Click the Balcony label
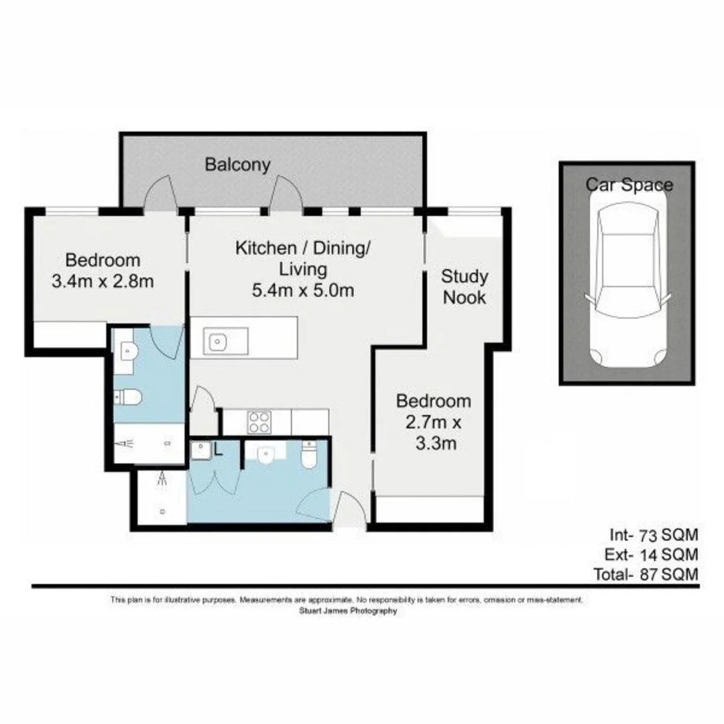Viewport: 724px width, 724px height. pos(237,164)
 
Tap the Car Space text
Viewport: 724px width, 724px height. pos(629,184)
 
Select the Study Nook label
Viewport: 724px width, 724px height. pos(463,287)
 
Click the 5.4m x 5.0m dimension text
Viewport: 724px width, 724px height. pos(303,291)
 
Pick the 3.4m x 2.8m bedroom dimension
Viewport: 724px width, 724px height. pos(103,281)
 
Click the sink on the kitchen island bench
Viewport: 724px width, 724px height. pos(219,342)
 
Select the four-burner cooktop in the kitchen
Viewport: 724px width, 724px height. pos(260,422)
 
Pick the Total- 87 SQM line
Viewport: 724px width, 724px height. pos(646,575)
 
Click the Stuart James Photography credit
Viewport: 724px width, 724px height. pos(347,611)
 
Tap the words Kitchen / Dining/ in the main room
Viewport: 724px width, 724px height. pos(302,248)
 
